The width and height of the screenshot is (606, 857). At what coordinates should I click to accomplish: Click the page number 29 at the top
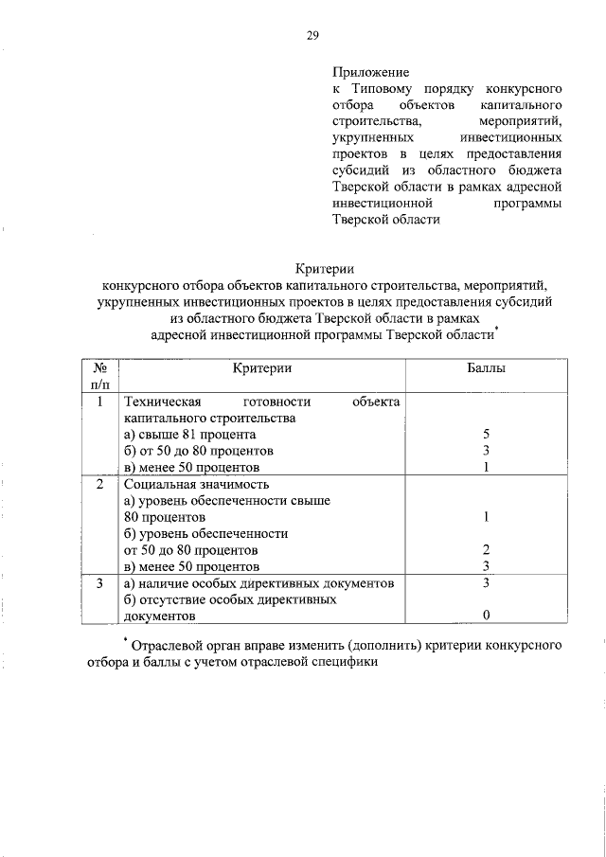[x=312, y=36]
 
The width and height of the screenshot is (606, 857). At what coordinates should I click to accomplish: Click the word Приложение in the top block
[x=370, y=71]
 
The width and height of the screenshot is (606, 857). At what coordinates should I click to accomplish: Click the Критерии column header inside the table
[x=261, y=367]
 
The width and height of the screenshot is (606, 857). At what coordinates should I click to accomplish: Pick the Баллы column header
[x=486, y=367]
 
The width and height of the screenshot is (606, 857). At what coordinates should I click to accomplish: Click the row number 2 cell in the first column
[x=99, y=485]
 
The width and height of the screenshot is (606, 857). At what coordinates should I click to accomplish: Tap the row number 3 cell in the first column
[x=99, y=583]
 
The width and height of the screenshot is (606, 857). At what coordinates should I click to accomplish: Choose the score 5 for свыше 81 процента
[x=485, y=435]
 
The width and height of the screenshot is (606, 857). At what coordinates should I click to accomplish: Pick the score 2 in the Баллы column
[x=485, y=550]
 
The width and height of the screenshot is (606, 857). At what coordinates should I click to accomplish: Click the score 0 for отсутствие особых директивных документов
[x=485, y=616]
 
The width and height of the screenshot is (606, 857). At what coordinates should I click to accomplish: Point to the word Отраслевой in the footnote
[x=167, y=646]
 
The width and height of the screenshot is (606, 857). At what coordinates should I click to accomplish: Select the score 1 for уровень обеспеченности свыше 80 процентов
[x=485, y=517]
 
